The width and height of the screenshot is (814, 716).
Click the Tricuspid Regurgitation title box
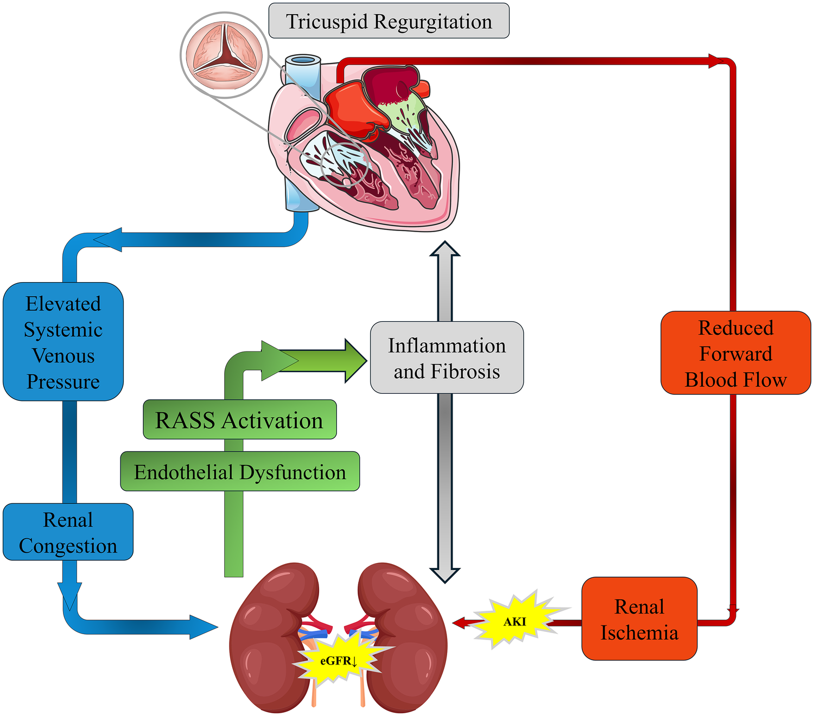click(389, 21)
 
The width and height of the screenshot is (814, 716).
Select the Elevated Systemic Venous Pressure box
click(63, 342)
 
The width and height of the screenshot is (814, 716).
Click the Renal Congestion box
click(68, 532)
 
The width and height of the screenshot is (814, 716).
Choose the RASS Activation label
click(239, 420)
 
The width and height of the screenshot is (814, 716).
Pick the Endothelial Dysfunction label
click(239, 472)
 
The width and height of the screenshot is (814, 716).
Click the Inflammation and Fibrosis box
click(447, 358)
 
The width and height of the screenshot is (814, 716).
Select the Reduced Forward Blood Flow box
click(735, 353)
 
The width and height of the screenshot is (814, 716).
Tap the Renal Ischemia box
click(639, 619)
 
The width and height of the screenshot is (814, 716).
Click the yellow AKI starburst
click(514, 621)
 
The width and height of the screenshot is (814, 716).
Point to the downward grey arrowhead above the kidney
click(445, 574)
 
